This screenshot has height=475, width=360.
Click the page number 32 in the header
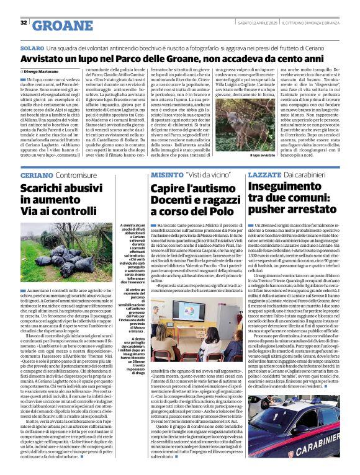point(24,23)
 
